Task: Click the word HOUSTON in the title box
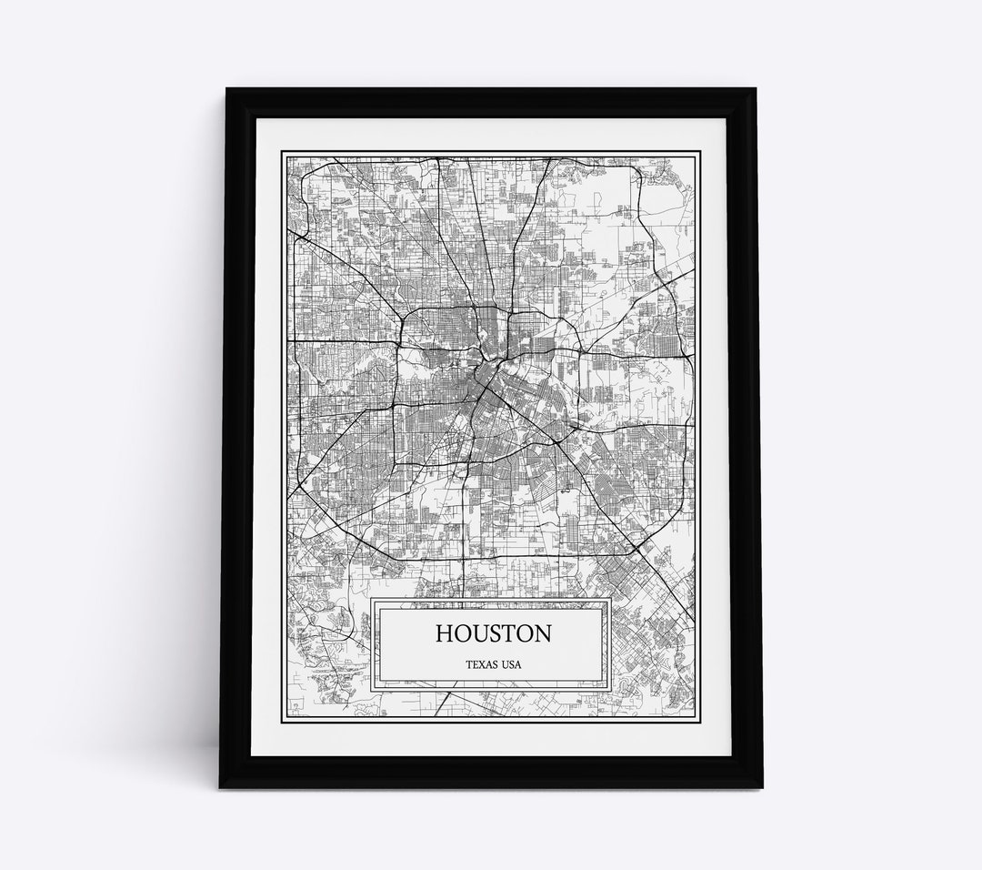click(492, 632)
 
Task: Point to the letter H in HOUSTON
click(445, 632)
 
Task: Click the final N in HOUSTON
click(539, 632)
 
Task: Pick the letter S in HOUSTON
click(492, 632)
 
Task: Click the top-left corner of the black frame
click(227, 89)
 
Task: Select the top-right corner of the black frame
click(756, 89)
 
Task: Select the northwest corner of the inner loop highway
click(404, 311)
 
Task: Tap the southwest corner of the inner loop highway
click(394, 461)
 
